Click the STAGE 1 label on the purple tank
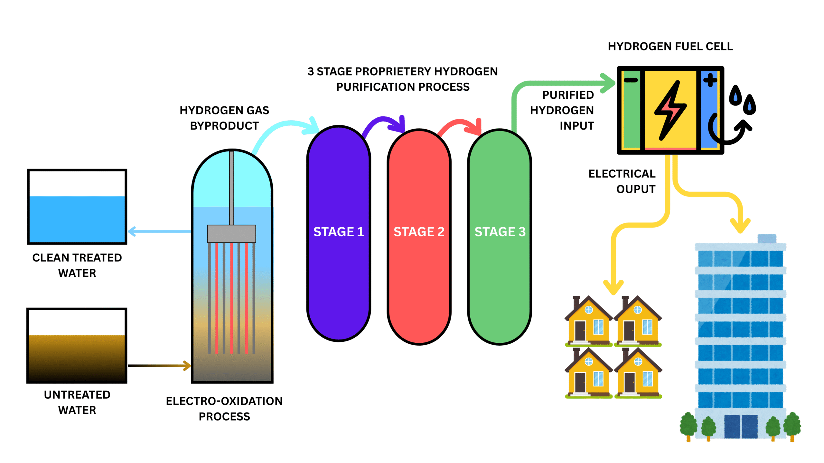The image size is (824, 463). tap(339, 232)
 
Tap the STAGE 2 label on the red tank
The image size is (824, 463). tap(419, 232)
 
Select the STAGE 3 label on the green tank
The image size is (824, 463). tap(500, 232)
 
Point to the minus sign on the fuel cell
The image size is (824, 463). tap(631, 80)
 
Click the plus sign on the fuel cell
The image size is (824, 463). tap(710, 80)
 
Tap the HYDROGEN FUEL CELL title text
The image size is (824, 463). tap(670, 47)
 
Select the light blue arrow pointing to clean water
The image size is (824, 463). tap(159, 231)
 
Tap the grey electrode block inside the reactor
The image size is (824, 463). tap(231, 234)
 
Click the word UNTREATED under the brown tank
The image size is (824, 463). tap(77, 395)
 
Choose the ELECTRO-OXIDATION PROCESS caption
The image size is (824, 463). tap(224, 409)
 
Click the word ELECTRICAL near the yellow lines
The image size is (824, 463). tap(622, 174)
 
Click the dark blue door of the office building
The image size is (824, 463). tap(741, 426)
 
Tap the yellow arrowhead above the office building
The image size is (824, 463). tap(740, 226)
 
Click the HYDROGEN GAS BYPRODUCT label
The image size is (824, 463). tap(224, 118)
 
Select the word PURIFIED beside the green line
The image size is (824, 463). tap(568, 95)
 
